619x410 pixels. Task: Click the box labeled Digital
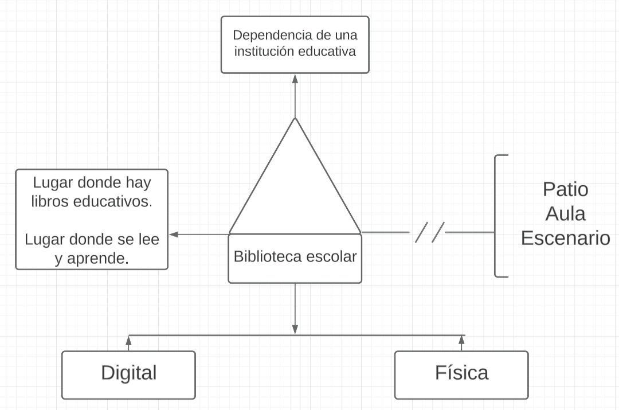coord(128,374)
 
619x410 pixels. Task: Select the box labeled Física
coord(461,374)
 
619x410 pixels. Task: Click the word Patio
coord(565,189)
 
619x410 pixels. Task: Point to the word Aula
coord(565,213)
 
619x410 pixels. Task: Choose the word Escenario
coord(565,238)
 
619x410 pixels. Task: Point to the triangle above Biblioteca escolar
coord(295,183)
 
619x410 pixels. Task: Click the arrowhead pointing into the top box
coord(295,79)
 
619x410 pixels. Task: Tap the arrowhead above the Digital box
coord(128,341)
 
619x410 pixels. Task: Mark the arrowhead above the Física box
coord(461,341)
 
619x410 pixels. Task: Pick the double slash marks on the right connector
coord(429,233)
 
